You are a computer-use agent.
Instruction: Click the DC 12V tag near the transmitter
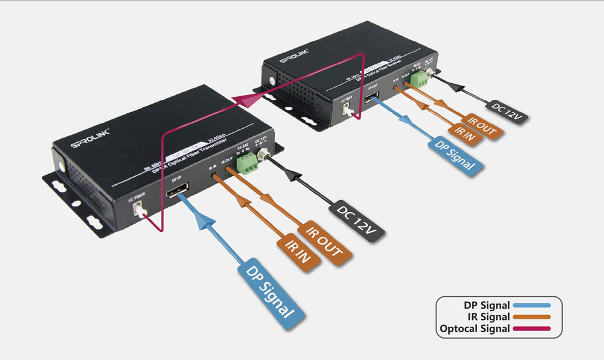click(x=357, y=220)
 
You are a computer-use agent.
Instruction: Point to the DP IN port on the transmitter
click(x=178, y=194)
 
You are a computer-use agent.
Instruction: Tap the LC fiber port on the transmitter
click(x=140, y=208)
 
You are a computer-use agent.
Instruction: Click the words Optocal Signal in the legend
click(x=475, y=328)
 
